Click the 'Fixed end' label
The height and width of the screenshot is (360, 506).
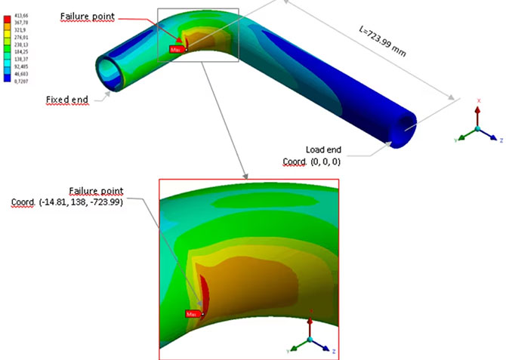point(67,99)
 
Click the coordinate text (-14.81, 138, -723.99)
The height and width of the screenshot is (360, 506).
point(79,202)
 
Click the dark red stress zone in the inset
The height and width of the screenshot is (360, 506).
point(206,293)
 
